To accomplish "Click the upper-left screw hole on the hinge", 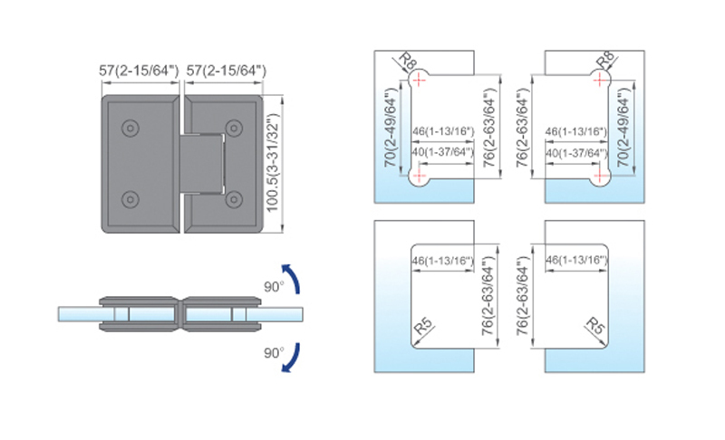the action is pos(130,128).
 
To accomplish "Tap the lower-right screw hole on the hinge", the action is pos(234,199).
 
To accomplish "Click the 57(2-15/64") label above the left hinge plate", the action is pos(139,71).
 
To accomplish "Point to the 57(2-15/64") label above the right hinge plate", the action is pos(226,71).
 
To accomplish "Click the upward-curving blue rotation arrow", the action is pos(292,278).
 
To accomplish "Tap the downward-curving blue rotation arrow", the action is pos(292,358).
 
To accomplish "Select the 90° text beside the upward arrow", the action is pos(274,287).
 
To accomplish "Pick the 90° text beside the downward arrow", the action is pos(274,353).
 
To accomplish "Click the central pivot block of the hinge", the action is pos(201,163).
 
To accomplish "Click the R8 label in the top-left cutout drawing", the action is pos(408,61).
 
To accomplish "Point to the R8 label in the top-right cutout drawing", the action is pos(605,61).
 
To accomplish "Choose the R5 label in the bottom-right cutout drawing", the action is pos(595,326).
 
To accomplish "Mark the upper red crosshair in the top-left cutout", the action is pos(419,81).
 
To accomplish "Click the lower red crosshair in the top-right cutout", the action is pos(600,176).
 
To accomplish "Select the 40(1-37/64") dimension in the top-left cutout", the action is pos(443,152).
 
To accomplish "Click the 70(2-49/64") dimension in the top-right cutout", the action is pos(623,127).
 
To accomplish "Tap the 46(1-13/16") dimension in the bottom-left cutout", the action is pos(443,261).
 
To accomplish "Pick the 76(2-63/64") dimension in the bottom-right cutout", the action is pos(522,295).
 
